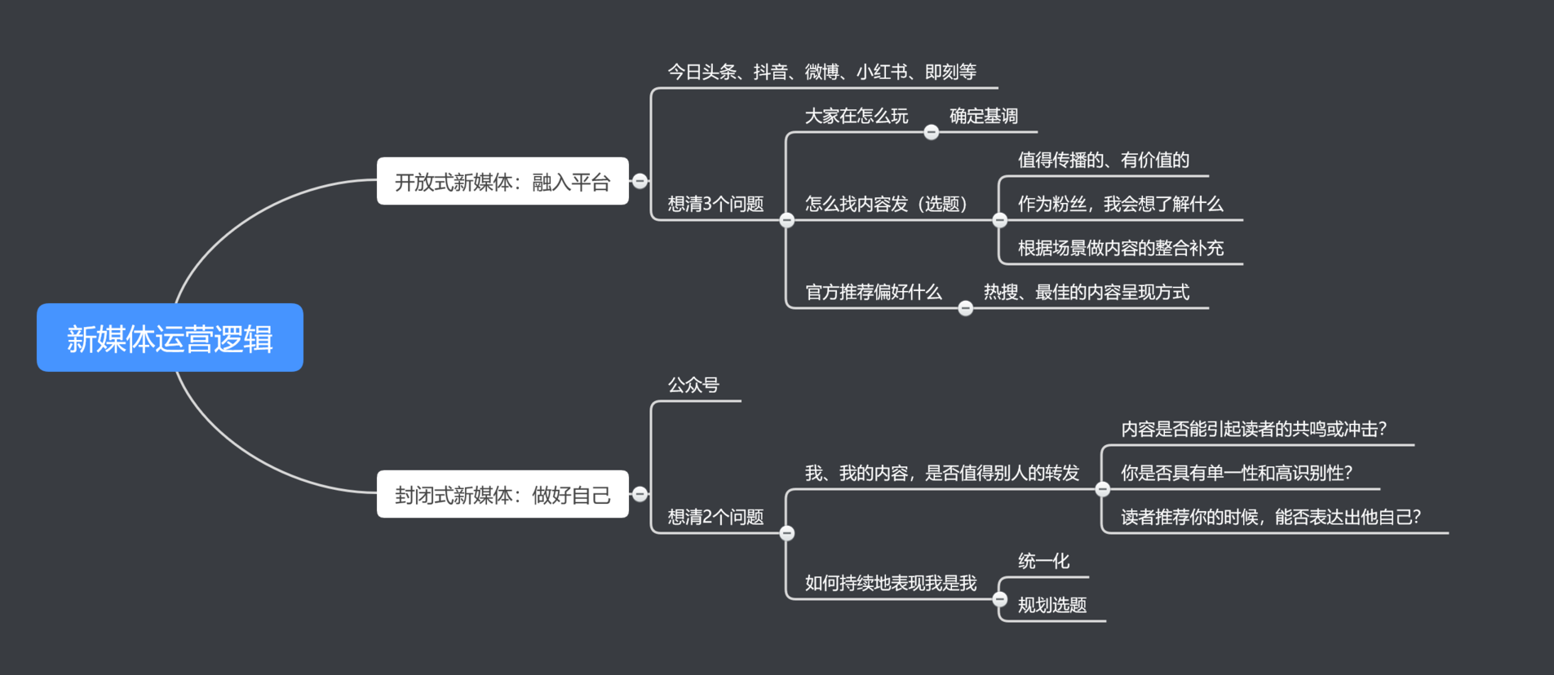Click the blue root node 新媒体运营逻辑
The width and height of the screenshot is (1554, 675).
[x=170, y=337]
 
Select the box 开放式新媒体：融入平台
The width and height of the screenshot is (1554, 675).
[x=502, y=181]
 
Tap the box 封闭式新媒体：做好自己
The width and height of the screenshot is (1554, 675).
[x=502, y=494]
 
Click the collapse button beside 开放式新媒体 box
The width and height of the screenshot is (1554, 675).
[x=640, y=181]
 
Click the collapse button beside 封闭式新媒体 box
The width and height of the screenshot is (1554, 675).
[x=640, y=494]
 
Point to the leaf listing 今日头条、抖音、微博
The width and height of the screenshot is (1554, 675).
[x=821, y=72]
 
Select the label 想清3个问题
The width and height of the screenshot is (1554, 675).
[x=715, y=204]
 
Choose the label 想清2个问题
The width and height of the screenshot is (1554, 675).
[x=715, y=517]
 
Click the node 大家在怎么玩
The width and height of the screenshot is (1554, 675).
[x=856, y=116]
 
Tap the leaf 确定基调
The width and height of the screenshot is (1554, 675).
[x=983, y=116]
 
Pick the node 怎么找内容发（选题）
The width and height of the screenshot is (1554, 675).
[x=886, y=204]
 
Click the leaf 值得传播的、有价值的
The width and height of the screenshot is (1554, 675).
[x=1103, y=160]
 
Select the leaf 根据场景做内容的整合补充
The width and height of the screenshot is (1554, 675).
[x=1120, y=248]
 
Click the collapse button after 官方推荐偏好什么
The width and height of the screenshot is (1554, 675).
[x=966, y=308]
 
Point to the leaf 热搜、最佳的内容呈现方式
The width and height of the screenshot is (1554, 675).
[x=1086, y=292]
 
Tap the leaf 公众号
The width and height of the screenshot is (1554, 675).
[x=693, y=385]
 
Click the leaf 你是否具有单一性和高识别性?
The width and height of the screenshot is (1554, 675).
[x=1237, y=473]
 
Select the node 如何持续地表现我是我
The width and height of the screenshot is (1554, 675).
[x=890, y=583]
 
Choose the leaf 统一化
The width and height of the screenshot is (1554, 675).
[x=1043, y=561]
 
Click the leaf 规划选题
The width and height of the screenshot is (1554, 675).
[x=1051, y=605]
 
